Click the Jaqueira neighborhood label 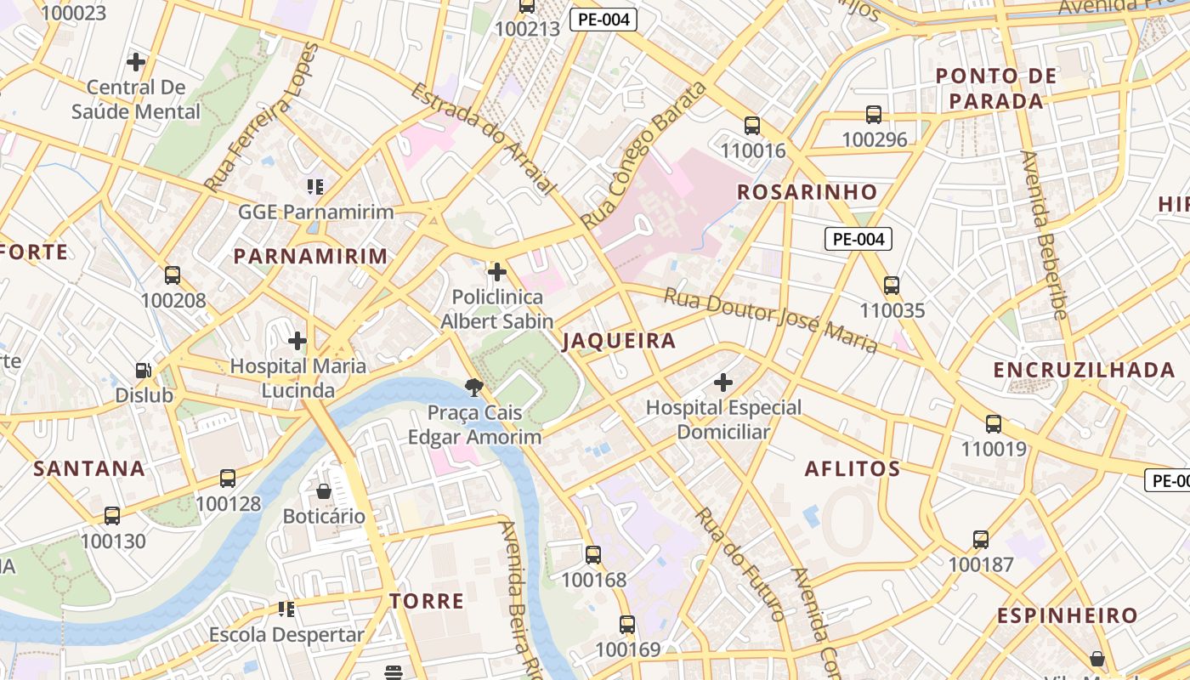[619, 341]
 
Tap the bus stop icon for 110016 [752, 126]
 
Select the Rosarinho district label [807, 192]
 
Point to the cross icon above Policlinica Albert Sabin [497, 272]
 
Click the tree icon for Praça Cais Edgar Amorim [474, 388]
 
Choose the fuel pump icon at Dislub [144, 371]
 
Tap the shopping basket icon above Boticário [324, 491]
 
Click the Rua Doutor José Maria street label [770, 320]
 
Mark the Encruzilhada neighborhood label [1084, 370]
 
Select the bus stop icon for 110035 [891, 286]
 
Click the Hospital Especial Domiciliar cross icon [723, 382]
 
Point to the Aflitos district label [852, 468]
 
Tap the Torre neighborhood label [427, 601]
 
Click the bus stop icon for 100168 [593, 555]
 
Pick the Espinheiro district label [1079, 615]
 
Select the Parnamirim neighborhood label [310, 256]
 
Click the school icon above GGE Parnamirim [316, 186]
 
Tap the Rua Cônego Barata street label [644, 156]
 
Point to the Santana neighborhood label [89, 468]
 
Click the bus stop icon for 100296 [874, 115]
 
